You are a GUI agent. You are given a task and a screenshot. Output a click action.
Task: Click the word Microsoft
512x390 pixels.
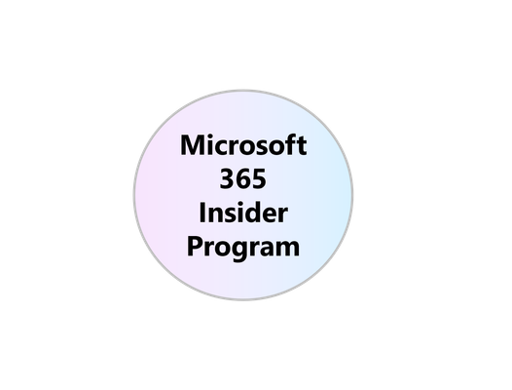243,144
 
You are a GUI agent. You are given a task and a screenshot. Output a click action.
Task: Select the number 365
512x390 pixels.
243,178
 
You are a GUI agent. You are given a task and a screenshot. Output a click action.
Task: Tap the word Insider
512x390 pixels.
243,213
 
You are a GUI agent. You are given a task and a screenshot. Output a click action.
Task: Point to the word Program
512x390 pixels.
243,248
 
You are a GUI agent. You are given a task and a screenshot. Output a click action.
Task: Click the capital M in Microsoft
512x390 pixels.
192,145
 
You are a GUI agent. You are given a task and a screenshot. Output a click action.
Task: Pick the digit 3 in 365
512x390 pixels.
227,178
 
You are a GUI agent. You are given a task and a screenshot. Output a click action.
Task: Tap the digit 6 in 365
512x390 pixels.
243,178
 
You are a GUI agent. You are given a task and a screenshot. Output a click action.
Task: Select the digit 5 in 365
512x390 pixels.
259,179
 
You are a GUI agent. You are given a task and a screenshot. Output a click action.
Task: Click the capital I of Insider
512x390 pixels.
202,213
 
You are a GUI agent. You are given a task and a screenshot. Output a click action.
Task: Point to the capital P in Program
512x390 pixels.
195,247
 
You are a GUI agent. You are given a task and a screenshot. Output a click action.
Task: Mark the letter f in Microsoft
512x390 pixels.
291,144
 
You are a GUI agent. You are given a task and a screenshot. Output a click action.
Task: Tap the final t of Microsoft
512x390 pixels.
302,146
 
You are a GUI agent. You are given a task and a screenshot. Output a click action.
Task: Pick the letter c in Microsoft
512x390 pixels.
223,148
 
